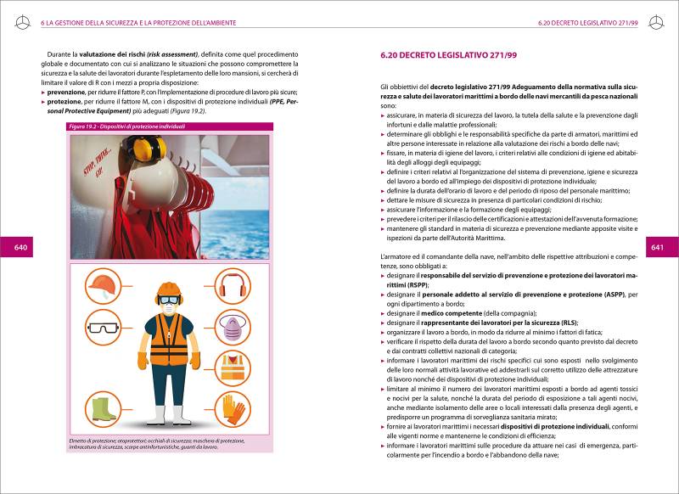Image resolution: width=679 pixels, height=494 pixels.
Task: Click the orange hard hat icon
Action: point(102,283)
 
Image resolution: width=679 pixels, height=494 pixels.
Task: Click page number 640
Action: point(20,247)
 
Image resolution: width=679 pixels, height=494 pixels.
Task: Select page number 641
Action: point(657,247)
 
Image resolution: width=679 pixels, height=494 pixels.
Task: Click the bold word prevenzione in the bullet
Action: point(72,92)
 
